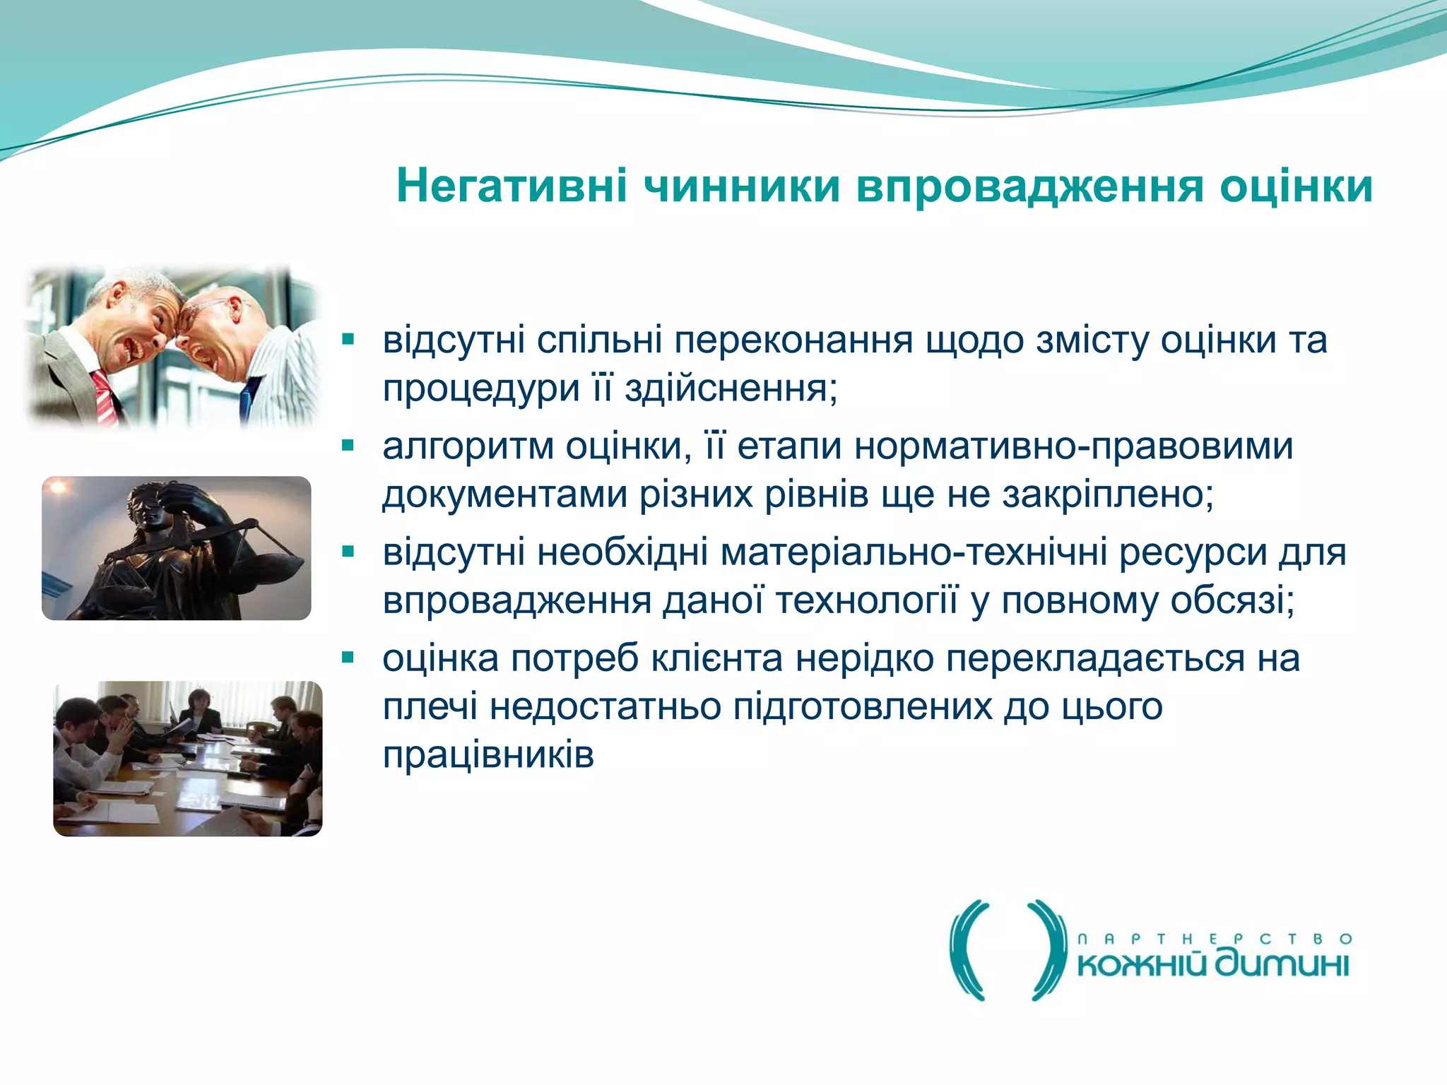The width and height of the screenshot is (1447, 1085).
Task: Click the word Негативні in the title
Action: coord(512,186)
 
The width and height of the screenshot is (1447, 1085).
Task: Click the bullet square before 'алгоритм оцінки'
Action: coord(348,446)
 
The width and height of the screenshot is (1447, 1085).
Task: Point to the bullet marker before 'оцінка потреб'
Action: coord(348,658)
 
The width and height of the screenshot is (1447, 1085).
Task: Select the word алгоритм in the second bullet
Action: coord(468,446)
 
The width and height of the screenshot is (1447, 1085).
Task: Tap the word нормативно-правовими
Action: coord(1073,446)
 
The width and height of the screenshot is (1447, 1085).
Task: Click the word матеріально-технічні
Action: coord(914,552)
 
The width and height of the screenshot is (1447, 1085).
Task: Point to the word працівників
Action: coord(488,754)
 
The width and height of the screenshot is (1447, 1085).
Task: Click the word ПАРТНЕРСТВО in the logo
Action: coord(1214,939)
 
